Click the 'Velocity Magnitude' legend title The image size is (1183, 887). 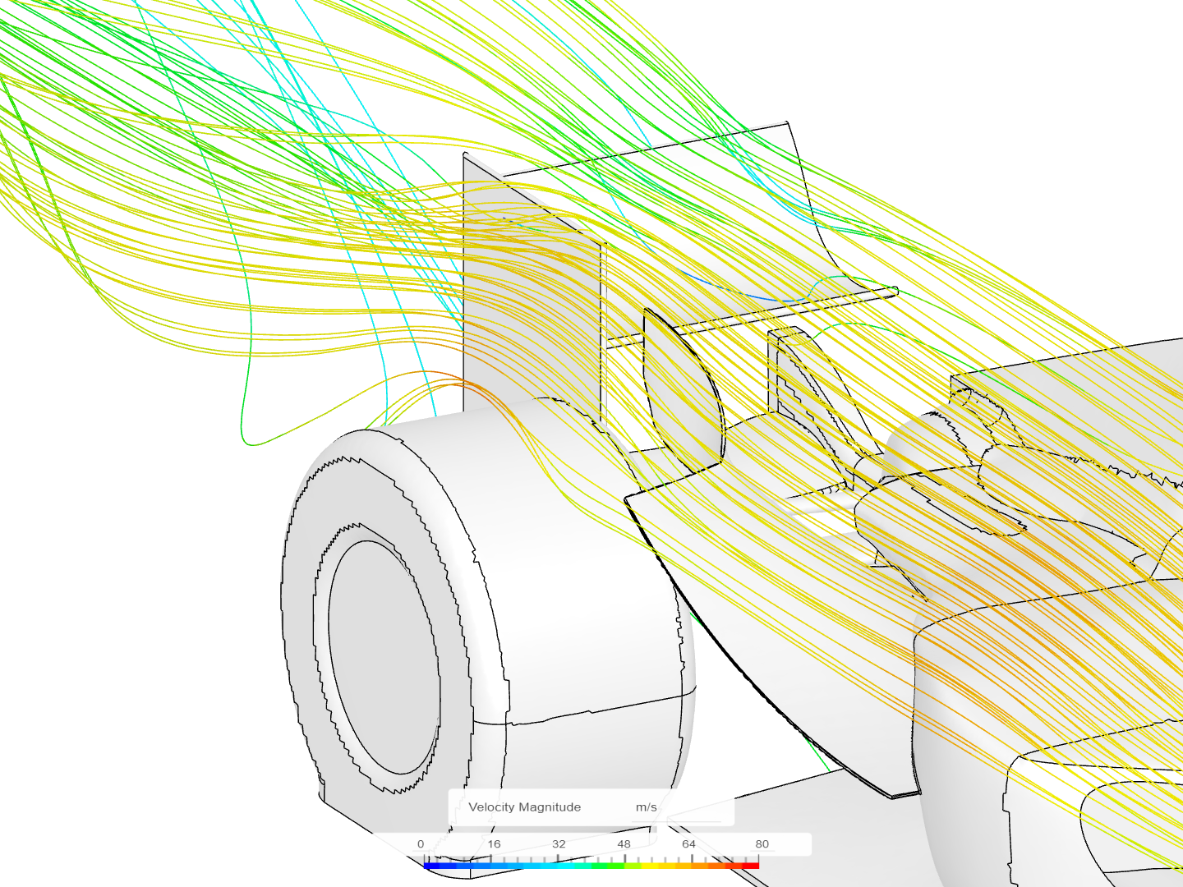point(524,807)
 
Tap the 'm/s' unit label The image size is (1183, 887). point(646,807)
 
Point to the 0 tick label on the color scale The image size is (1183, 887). point(421,844)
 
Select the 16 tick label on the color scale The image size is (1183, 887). point(494,844)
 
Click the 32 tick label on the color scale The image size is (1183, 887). point(559,844)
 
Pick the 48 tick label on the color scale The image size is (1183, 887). point(624,844)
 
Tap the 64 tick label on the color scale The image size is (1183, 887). point(688,844)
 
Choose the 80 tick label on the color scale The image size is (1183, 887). point(762,844)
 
